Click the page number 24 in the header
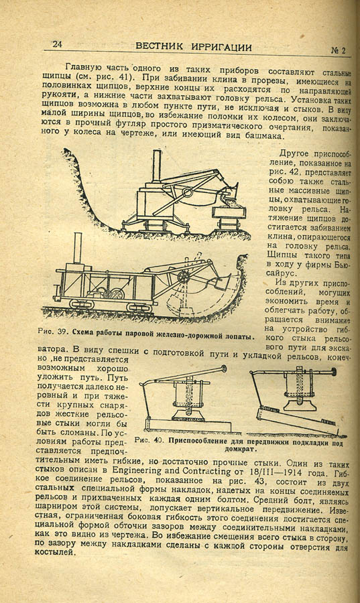[57, 44]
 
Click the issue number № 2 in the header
[338, 50]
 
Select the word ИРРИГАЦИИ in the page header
[221, 48]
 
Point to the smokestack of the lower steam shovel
[78, 248]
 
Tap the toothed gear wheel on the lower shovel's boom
[184, 277]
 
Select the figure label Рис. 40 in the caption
[149, 440]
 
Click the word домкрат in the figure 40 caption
[241, 449]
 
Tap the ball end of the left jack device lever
[223, 370]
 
